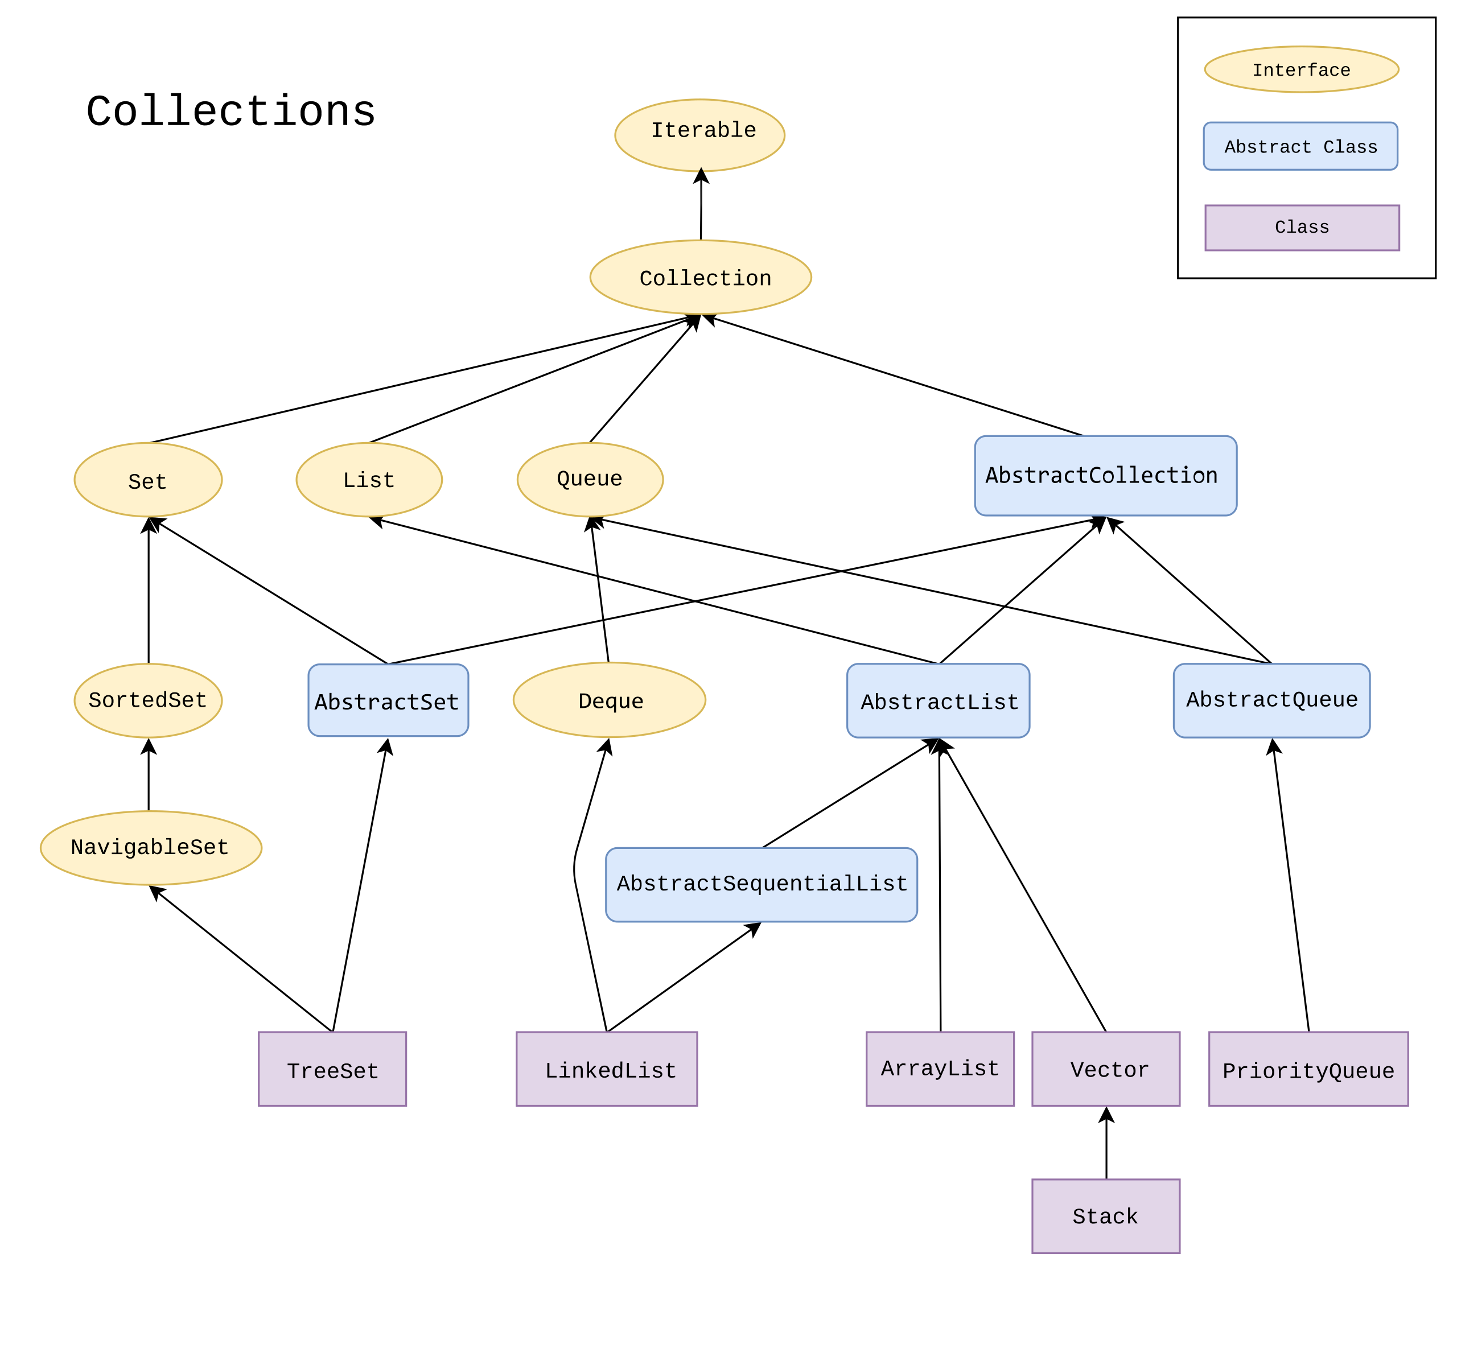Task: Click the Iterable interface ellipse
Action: coord(700,135)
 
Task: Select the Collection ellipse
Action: coord(701,277)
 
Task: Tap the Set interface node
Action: coord(148,480)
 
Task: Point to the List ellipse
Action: coord(369,480)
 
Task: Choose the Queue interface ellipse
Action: coord(590,479)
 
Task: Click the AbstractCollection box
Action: coord(1105,476)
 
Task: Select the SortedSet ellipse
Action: coord(148,700)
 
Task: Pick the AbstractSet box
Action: coord(388,700)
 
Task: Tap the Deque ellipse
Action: coord(609,700)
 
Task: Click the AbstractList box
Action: coord(938,700)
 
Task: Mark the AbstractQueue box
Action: coord(1271,700)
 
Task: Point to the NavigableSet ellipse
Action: coord(151,848)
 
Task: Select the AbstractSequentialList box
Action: coord(762,884)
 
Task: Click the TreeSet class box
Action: coord(333,1069)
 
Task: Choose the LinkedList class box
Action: coord(607,1069)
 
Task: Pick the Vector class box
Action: coord(1106,1069)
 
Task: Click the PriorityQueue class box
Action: coord(1308,1069)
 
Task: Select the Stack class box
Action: coord(1106,1216)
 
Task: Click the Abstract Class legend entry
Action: coord(1301,147)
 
